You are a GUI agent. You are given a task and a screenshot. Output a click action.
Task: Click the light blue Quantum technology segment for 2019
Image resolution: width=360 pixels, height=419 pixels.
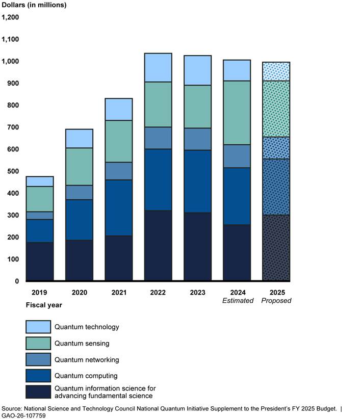coord(40,181)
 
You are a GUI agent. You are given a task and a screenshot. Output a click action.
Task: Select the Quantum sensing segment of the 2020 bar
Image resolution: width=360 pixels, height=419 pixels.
coord(79,167)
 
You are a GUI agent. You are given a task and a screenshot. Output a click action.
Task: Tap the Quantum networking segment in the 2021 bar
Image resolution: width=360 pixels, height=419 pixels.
coord(118,171)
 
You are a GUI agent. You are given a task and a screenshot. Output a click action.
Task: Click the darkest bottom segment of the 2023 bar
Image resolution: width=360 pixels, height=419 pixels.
coord(197,247)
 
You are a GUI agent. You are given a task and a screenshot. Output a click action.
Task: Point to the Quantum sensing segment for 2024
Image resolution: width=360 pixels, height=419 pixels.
coord(237,113)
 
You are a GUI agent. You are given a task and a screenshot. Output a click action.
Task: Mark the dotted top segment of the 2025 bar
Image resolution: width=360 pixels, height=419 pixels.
coord(276,72)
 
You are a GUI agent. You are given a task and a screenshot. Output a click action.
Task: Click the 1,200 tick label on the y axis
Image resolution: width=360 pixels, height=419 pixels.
coord(10,17)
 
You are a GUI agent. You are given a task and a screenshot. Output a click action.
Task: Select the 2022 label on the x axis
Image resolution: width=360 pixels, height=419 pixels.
coord(158,293)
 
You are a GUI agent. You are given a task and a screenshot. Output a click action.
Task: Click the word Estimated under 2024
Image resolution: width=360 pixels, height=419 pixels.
coord(237,301)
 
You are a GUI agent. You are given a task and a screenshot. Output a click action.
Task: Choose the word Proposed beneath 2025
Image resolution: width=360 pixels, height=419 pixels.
coord(276,301)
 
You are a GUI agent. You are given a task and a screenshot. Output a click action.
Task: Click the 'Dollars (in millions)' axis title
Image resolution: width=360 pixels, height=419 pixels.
coord(34,5)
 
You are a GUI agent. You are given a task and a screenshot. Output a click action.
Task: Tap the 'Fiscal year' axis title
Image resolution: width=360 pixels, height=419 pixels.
coord(44,305)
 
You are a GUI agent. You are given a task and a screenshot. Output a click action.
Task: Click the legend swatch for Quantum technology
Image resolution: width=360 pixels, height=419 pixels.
coord(38,327)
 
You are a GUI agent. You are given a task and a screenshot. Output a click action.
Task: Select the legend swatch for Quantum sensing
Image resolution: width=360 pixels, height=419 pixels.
coord(38,343)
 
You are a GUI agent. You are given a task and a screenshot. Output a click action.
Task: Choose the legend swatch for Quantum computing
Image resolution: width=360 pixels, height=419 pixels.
coord(38,376)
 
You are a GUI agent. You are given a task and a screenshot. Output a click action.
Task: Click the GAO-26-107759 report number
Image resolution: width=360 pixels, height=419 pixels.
coord(23,415)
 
